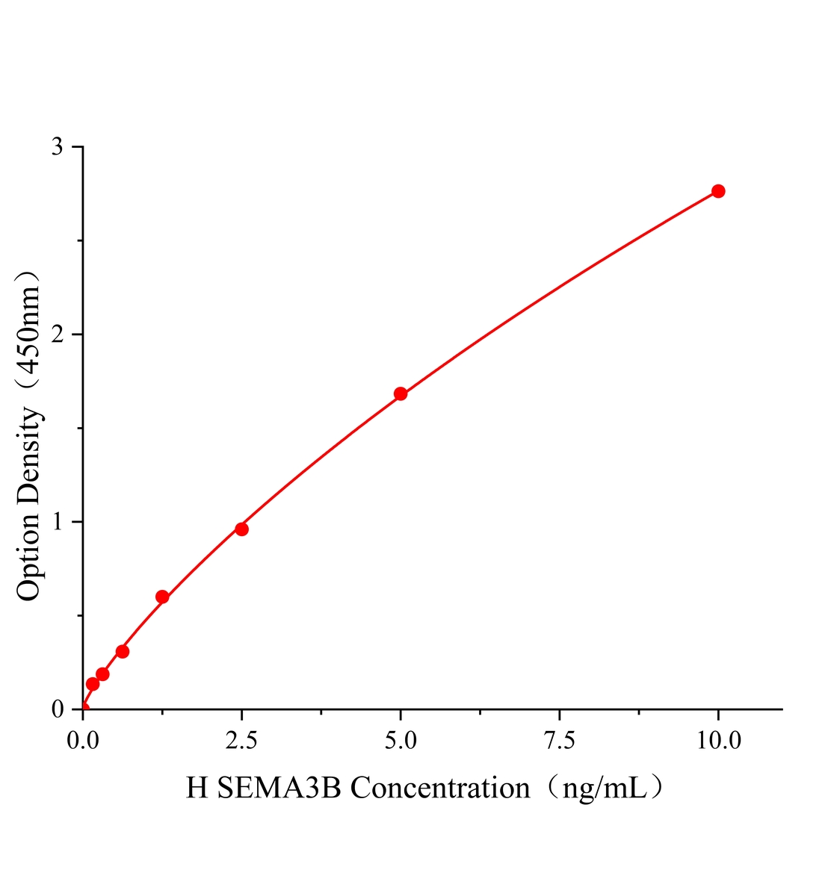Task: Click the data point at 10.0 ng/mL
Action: coord(718,191)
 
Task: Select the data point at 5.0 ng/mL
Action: coord(401,393)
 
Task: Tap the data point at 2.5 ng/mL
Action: coord(241,529)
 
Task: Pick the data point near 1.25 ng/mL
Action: coord(162,597)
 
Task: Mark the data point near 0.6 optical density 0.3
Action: coord(123,652)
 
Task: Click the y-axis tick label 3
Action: coord(58,147)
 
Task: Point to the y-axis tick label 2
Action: coord(58,335)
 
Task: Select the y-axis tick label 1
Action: coord(58,522)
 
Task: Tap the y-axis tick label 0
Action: coord(58,709)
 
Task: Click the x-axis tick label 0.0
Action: coord(83,741)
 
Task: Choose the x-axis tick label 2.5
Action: coord(241,741)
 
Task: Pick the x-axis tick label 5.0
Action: coord(401,741)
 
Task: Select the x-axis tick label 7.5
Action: coord(559,741)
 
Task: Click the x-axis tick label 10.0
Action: coord(718,741)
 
